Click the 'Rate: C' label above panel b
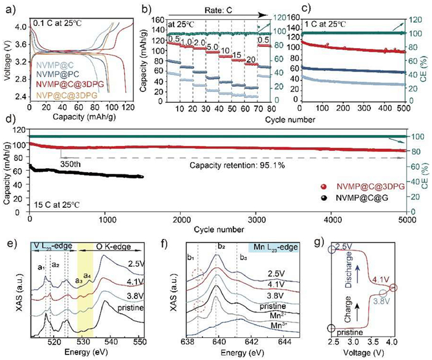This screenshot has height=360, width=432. [x=204, y=9]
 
